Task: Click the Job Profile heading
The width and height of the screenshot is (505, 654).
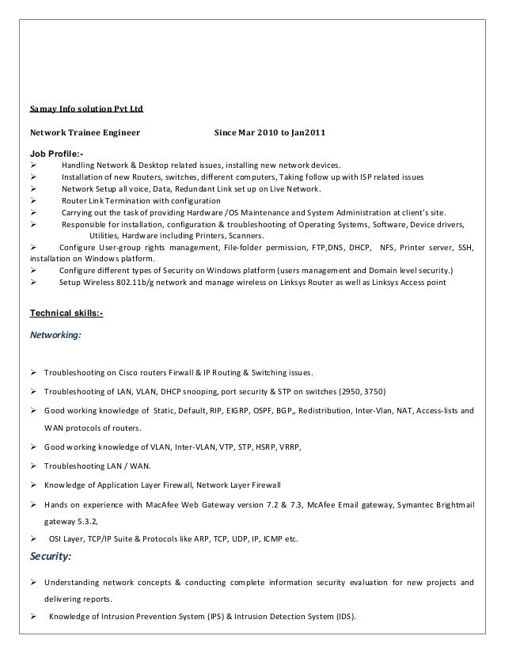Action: coord(56,153)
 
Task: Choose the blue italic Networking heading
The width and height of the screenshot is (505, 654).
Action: coord(55,335)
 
